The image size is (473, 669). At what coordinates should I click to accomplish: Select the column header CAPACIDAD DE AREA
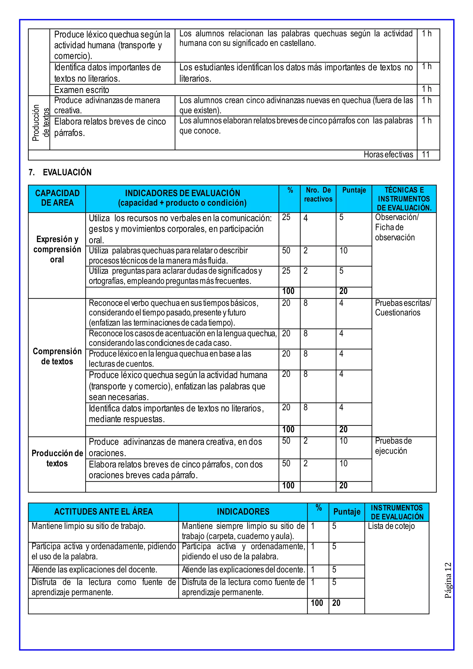tap(57, 198)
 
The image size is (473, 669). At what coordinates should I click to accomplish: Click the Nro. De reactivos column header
tap(318, 195)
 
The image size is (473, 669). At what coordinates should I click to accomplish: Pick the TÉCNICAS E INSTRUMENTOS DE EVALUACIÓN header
tap(404, 199)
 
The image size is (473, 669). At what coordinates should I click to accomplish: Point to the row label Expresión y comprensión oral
tap(57, 249)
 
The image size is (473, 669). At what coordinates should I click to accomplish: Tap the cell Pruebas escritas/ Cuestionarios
tap(403, 308)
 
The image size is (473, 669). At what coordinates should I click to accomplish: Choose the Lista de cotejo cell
tap(391, 526)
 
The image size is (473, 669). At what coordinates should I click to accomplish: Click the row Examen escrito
tap(82, 90)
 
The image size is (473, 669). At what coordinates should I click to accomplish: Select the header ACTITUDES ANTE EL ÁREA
tap(103, 512)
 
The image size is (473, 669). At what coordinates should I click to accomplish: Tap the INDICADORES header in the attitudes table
tap(243, 512)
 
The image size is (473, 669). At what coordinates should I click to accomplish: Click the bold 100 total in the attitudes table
tap(317, 603)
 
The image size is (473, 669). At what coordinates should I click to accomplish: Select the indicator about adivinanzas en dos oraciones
tap(175, 447)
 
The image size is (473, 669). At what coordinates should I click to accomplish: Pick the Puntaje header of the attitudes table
tap(347, 512)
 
